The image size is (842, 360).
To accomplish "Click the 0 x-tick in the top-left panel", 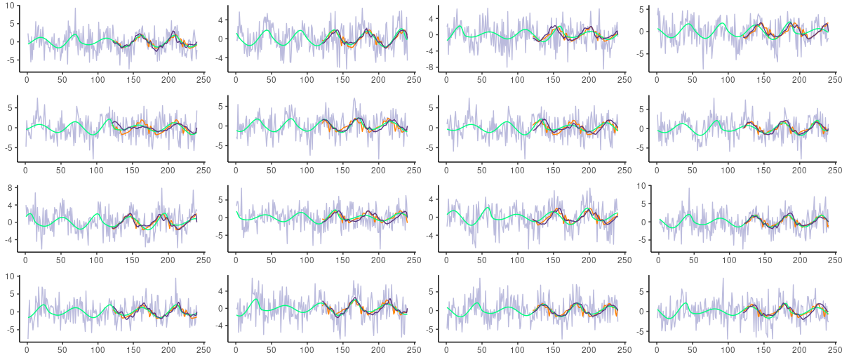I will pos(27,79).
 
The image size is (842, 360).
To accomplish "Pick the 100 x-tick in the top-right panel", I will pos(728,79).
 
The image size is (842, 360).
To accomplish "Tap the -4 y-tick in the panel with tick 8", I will pos(11,239).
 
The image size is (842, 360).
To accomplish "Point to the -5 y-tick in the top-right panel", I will pos(641,53).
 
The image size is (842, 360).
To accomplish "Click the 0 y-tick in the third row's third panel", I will pos(434,218).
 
